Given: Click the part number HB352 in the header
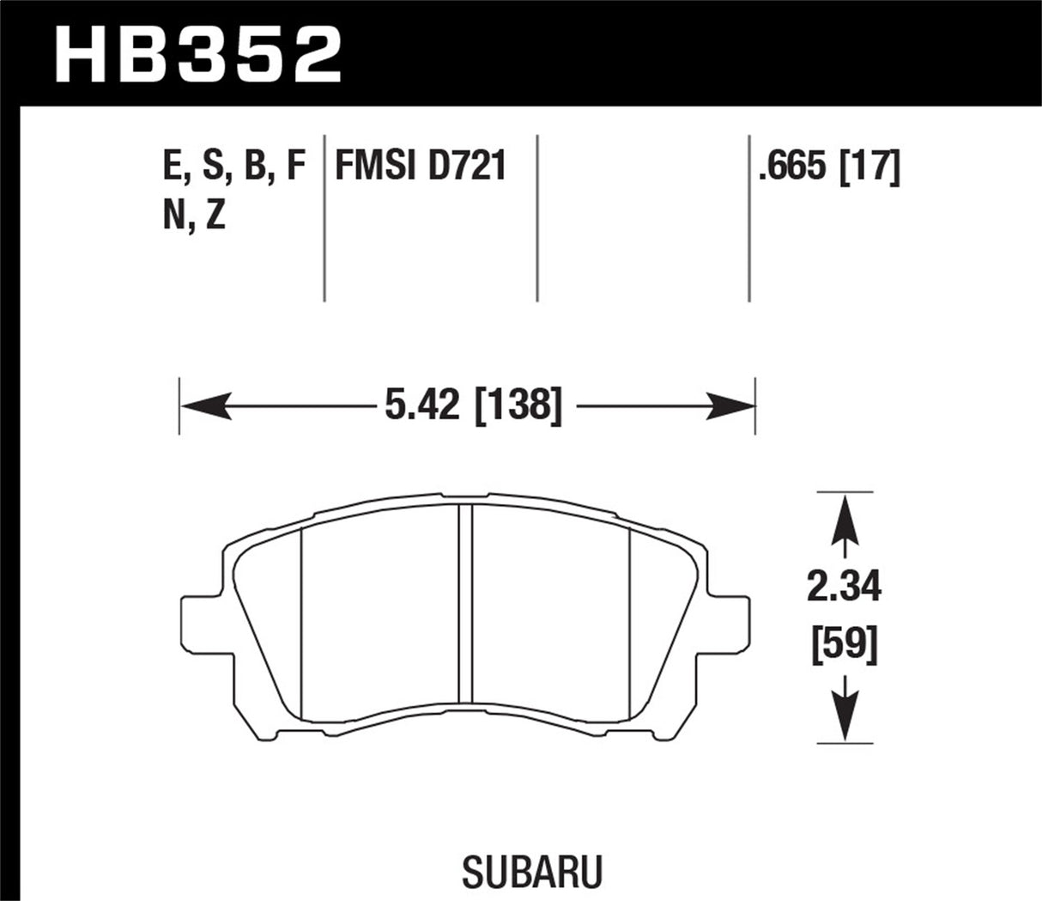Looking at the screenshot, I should point(198,53).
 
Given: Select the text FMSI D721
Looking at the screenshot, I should point(420,167).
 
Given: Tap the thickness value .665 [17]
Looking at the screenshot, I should point(828,167).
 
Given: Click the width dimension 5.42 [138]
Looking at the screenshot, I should point(473,405).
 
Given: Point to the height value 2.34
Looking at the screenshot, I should point(845,588).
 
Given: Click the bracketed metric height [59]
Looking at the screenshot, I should point(845,644).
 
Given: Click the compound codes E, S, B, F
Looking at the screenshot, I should point(233,167).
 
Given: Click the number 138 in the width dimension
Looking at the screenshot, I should point(517,405).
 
